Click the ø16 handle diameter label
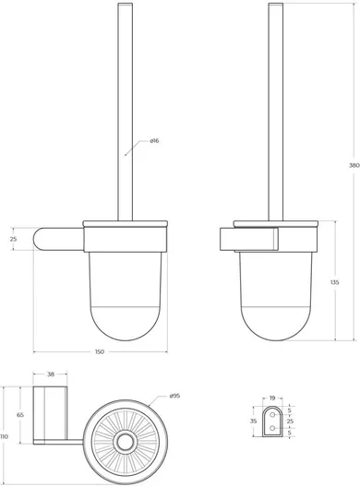pos(154,141)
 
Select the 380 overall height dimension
pos(354,165)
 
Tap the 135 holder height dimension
pos(335,282)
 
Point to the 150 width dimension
pos(100,352)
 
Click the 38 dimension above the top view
pos(51,374)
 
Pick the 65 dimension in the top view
pos(20,415)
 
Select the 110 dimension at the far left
pos(4,436)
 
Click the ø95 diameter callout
pos(174,396)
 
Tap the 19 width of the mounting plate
pos(272,398)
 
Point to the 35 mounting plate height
pos(254,422)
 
